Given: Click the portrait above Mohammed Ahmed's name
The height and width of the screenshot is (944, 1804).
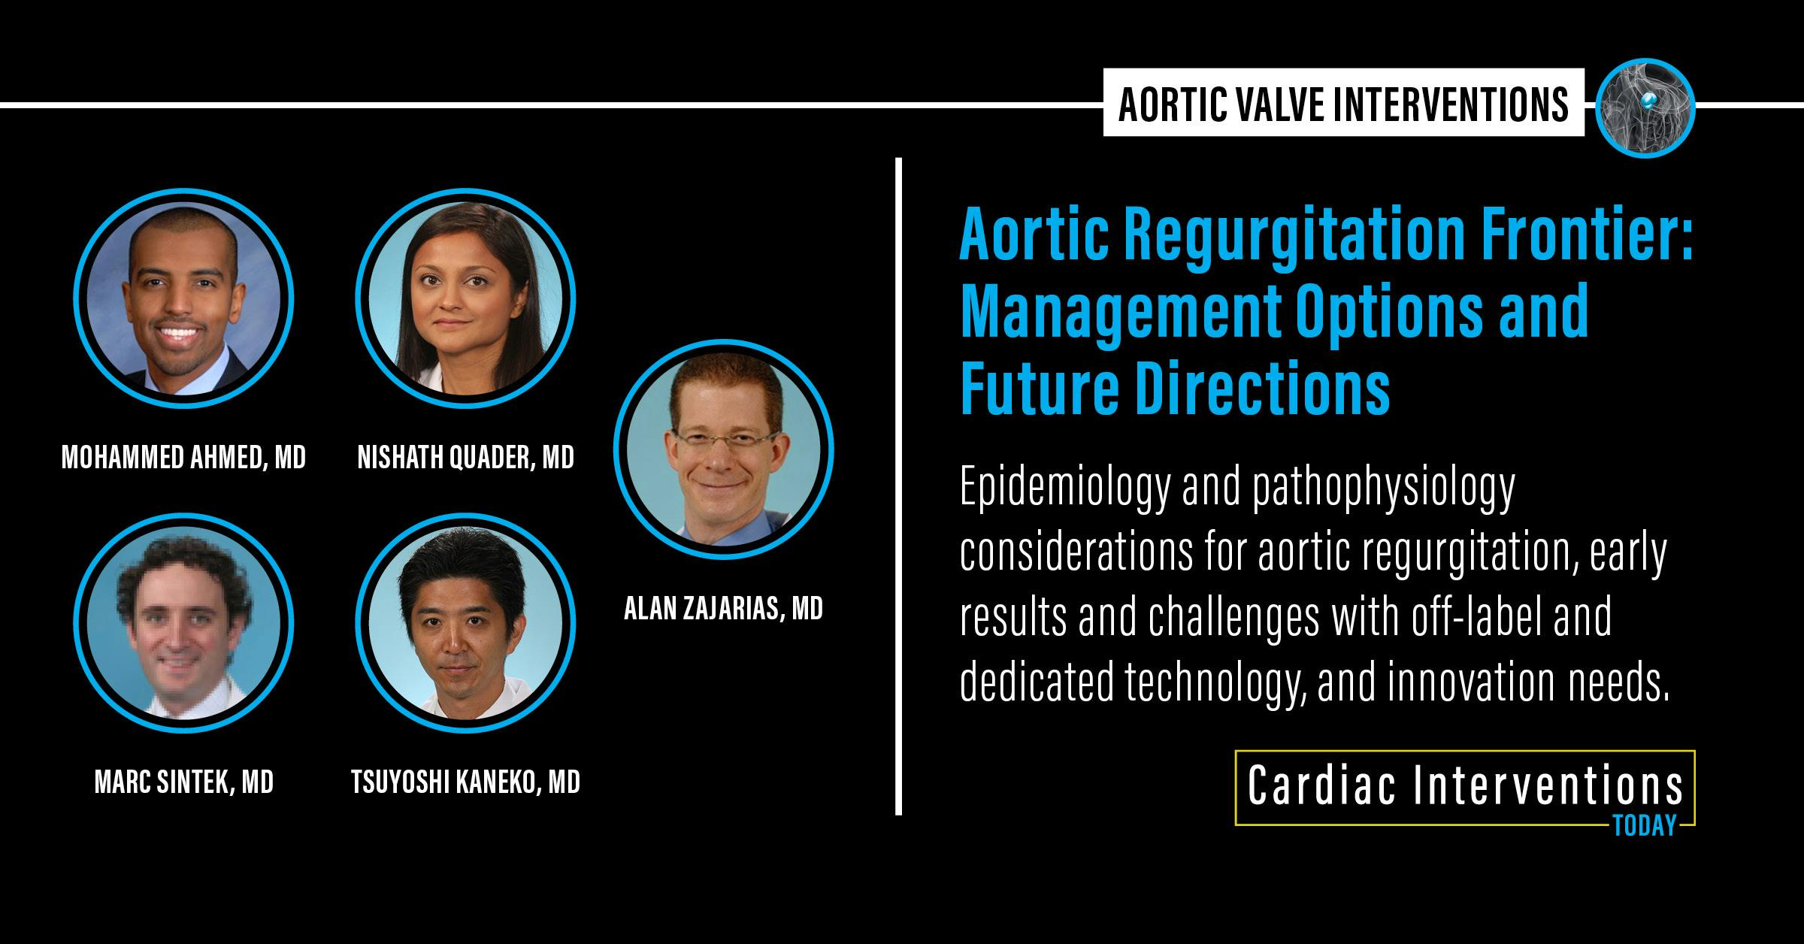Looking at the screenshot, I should point(183,298).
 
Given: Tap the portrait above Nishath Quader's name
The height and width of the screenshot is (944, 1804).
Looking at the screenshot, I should point(465,298).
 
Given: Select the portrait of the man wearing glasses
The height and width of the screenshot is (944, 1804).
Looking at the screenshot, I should point(723,449).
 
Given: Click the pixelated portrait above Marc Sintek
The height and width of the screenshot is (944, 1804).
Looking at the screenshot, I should point(183,623).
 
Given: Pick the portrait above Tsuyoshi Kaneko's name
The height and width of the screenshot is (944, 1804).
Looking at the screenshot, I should point(465,623).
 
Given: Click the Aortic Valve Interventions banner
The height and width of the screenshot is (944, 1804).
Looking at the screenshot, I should point(1343,103).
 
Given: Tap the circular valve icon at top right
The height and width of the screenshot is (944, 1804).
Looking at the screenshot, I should point(1645,107).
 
